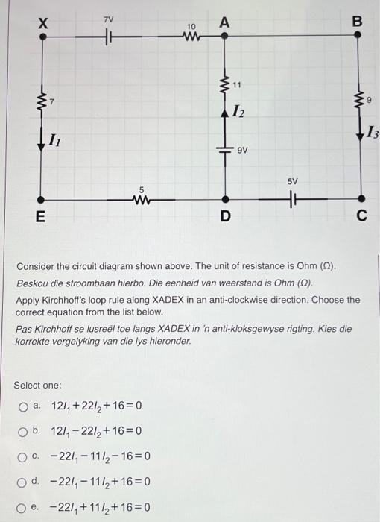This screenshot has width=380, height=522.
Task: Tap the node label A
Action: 224,22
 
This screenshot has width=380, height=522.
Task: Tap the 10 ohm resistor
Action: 191,36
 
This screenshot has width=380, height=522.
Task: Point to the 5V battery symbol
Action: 292,199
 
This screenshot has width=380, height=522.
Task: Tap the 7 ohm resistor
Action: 42,100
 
